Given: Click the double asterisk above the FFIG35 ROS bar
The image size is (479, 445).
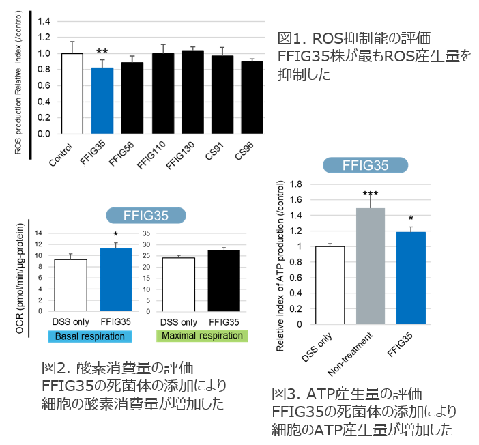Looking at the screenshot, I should (x=102, y=52).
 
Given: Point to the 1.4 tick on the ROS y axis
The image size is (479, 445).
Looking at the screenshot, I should (x=44, y=21).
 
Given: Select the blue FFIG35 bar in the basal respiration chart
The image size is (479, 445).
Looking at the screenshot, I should (x=116, y=279).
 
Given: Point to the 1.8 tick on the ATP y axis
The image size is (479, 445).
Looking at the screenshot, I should (x=296, y=184).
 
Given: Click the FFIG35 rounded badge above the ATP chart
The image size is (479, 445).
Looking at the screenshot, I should (x=365, y=165).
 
